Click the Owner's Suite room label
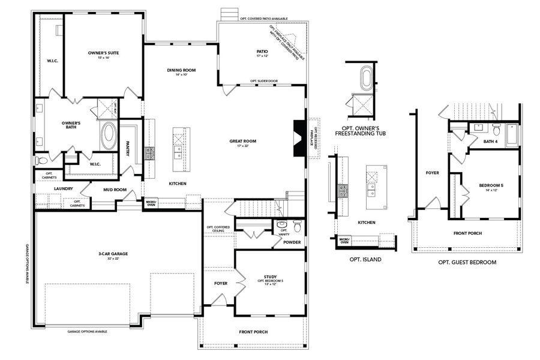coord(103,53)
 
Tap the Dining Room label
coord(182,70)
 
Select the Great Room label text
coord(242,141)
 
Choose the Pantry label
coord(128,149)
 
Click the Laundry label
coord(63,188)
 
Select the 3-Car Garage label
coord(113,254)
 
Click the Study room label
coord(270,277)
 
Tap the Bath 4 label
coord(491,142)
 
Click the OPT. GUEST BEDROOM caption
coord(467,262)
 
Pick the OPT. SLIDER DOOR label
coord(264,81)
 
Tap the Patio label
coord(262,52)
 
